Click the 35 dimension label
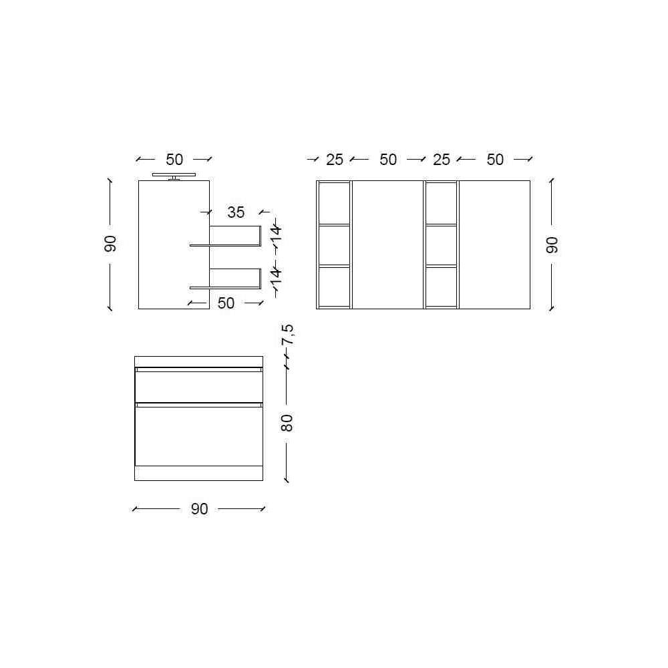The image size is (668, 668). (236, 212)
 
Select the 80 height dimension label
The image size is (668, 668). (287, 423)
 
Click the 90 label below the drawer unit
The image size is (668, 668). (199, 509)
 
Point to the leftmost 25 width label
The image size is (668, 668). (335, 160)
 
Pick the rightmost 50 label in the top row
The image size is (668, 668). (495, 160)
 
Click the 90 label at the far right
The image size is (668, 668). (552, 245)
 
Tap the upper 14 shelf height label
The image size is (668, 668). (277, 232)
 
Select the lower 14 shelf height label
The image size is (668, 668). (277, 276)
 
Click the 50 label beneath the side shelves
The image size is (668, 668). (226, 303)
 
